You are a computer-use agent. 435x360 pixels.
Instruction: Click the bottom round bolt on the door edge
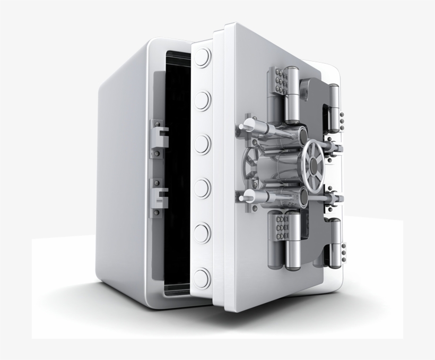point(202,276)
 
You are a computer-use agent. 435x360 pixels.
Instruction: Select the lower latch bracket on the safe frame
point(158,195)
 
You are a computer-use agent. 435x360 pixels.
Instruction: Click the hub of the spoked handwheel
point(313,165)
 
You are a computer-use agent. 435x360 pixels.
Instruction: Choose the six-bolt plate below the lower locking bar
point(279,227)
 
